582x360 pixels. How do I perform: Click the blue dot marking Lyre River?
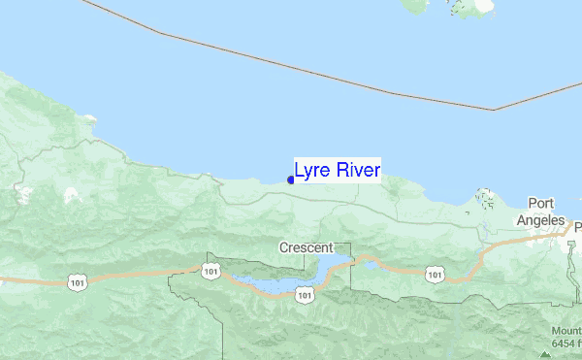291,179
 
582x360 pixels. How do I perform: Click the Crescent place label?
307,247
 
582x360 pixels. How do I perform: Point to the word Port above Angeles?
540,203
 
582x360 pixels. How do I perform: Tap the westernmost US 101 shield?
78,281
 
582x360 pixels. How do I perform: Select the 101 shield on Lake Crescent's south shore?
305,294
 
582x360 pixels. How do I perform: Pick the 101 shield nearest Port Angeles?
434,276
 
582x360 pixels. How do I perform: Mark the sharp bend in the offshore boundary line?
493,110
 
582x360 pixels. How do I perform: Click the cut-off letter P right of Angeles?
578,228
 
